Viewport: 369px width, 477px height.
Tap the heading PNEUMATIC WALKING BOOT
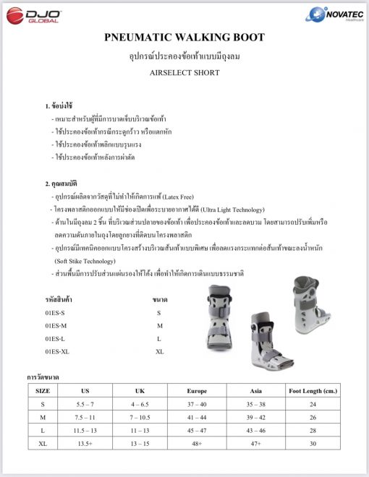coord(184,38)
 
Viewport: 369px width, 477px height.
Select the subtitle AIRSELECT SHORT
coord(184,73)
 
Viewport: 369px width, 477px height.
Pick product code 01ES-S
coord(54,313)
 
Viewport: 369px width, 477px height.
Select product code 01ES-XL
coord(56,351)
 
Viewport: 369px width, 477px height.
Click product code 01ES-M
coord(55,326)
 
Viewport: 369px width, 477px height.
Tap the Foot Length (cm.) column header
coord(313,390)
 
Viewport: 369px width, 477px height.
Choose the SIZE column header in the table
coord(43,390)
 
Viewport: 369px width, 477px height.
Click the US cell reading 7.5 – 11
coord(86,417)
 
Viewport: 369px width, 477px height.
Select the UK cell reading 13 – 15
coord(142,443)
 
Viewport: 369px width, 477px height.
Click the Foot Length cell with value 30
coord(313,443)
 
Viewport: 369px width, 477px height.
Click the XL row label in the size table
coord(43,443)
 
